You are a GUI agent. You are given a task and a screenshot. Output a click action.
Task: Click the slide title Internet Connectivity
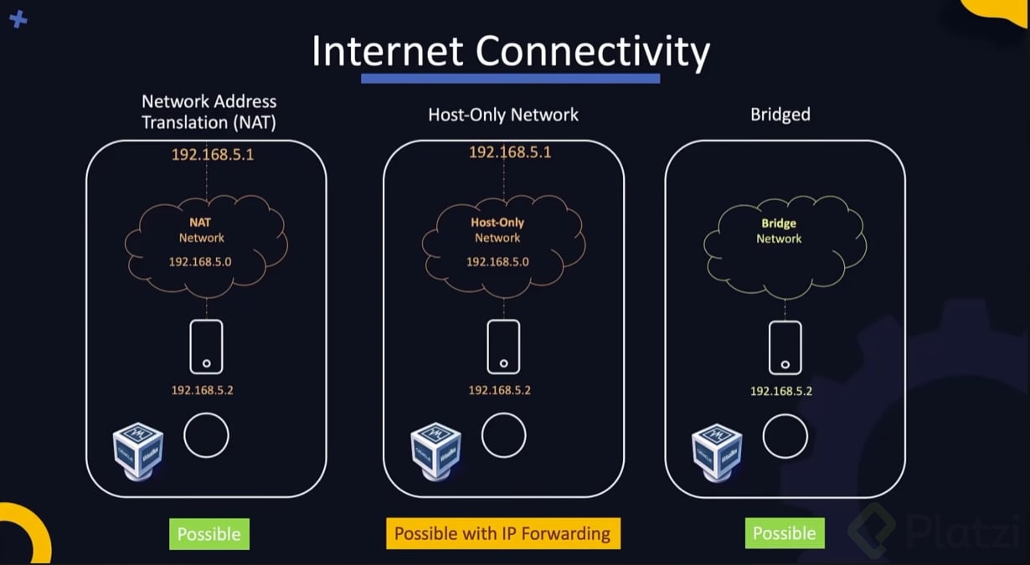510,52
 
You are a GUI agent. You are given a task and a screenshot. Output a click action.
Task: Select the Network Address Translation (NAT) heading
209,111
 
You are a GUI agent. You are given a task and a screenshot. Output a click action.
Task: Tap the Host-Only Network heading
503,115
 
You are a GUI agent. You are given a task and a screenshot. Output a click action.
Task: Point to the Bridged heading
780,115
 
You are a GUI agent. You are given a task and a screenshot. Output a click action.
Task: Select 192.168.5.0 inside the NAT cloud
201,262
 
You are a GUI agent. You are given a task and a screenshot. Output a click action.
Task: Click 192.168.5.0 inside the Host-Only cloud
497,262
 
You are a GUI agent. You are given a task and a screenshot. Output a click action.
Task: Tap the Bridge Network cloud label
779,231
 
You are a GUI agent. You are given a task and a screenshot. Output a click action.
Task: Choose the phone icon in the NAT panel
206,346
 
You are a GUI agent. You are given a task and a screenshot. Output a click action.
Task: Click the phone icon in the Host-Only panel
503,346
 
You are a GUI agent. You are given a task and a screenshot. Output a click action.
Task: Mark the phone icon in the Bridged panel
785,347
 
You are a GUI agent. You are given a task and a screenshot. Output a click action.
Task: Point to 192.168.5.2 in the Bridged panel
781,391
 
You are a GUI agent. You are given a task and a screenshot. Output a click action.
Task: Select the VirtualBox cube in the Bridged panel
717,451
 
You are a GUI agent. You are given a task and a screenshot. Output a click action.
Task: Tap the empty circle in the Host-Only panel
503,435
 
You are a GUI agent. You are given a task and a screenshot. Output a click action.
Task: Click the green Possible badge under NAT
209,534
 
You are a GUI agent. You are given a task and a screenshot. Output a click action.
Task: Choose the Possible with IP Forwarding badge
502,534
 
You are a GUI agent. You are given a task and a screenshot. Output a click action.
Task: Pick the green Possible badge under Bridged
784,533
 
